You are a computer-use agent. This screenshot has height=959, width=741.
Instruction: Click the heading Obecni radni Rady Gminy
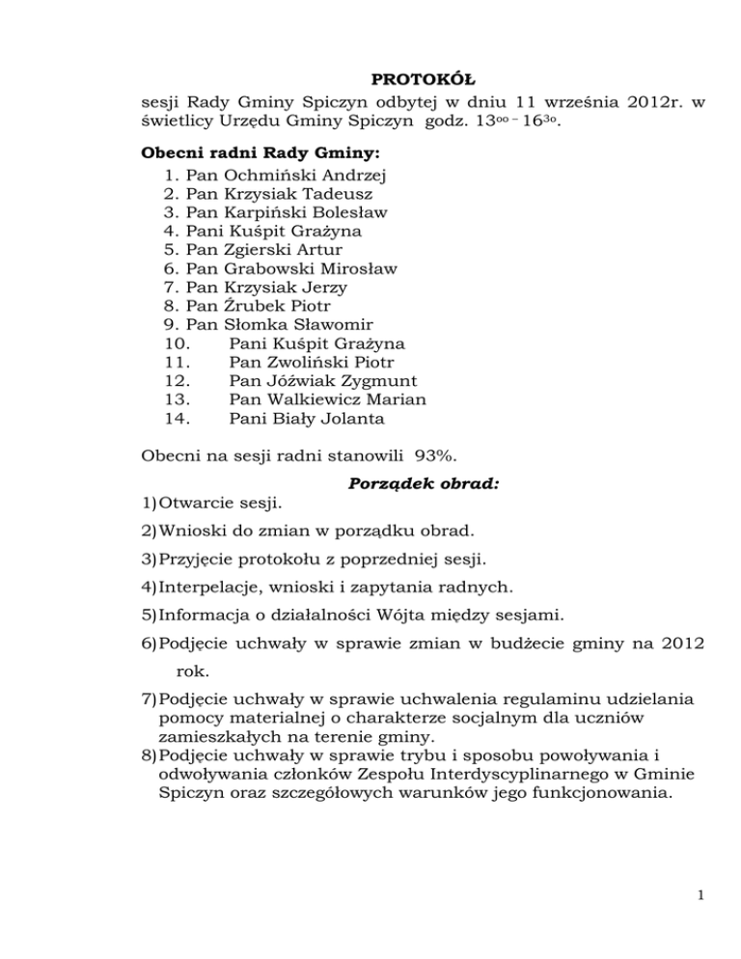245,153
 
